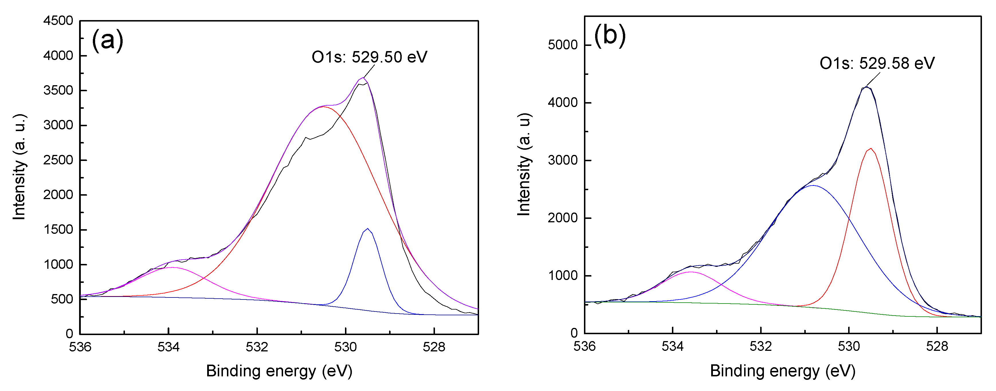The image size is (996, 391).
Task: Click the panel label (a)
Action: (x=107, y=40)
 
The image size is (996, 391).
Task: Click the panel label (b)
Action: (x=610, y=35)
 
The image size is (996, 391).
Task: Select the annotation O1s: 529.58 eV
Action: (x=877, y=63)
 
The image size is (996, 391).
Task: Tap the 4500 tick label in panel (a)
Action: (x=58, y=21)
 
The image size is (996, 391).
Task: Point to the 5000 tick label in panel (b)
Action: (x=562, y=45)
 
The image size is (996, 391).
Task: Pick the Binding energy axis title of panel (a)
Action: (x=279, y=371)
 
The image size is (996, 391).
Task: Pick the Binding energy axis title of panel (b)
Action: (x=783, y=371)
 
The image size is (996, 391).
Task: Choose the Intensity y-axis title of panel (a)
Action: (x=19, y=167)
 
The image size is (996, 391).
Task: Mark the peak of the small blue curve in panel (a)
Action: (x=368, y=229)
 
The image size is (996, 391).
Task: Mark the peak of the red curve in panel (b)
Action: (x=870, y=149)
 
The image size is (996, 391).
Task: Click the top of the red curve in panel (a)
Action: (x=323, y=106)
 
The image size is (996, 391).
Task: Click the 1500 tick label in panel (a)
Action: (x=58, y=229)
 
